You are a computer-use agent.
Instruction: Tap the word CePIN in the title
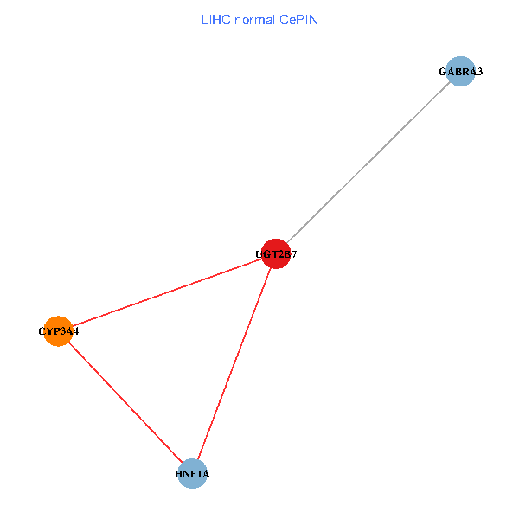[x=298, y=19]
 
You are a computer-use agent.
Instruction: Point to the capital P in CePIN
[x=299, y=19]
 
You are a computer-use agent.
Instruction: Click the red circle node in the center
[x=275, y=253]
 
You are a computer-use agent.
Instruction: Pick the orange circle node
[x=57, y=330]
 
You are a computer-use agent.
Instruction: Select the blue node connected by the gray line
[x=461, y=71]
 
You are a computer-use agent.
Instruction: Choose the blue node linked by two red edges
[x=192, y=474]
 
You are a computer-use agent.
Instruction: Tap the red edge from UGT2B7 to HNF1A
[x=234, y=363]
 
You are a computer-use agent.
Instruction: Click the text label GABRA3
[x=460, y=72]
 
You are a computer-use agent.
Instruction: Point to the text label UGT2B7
[x=276, y=254]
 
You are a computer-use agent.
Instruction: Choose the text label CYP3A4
[x=59, y=331]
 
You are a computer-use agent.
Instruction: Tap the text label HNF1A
[x=192, y=475]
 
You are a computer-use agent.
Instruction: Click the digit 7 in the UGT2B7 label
[x=294, y=254]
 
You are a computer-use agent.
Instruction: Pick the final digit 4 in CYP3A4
[x=76, y=331]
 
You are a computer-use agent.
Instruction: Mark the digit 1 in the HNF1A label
[x=198, y=475]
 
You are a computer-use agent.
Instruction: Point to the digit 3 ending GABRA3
[x=479, y=72]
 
